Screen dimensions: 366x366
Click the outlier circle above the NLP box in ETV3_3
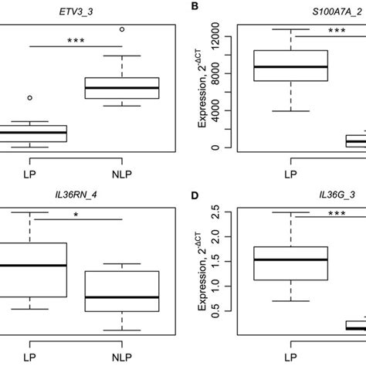pyautogui.click(x=121, y=29)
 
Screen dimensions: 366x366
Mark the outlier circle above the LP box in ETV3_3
pyautogui.click(x=29, y=98)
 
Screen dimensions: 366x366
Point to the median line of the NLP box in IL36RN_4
pyautogui.click(x=121, y=297)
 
